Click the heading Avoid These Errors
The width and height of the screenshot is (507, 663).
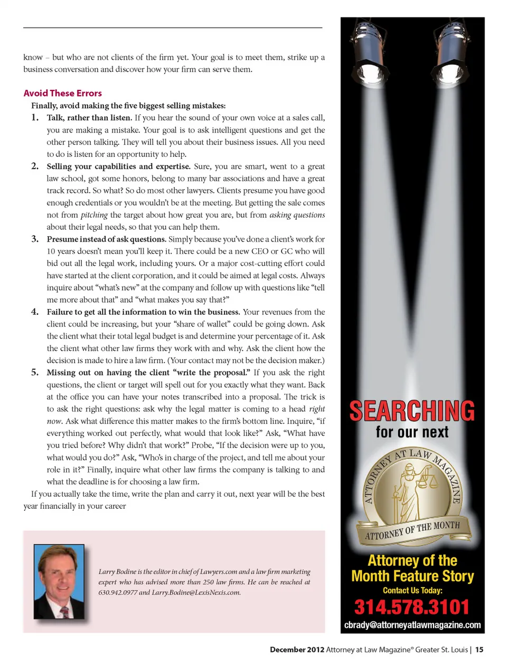62,93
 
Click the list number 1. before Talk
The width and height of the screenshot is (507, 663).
35,117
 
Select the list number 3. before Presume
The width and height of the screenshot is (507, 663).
35,239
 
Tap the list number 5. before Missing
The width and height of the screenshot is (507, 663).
35,372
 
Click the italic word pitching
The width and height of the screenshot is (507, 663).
94,215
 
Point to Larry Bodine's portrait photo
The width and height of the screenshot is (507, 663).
59,581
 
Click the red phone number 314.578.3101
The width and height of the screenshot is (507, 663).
412,607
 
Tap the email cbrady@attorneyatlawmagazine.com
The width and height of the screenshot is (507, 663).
412,625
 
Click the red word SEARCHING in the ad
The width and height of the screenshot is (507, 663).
412,411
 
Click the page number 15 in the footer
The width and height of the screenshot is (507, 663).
479,650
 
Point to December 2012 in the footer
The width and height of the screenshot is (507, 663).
297,650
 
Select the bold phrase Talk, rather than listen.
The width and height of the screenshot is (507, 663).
89,118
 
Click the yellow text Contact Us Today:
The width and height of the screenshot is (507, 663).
412,591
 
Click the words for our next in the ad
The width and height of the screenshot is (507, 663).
412,432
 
